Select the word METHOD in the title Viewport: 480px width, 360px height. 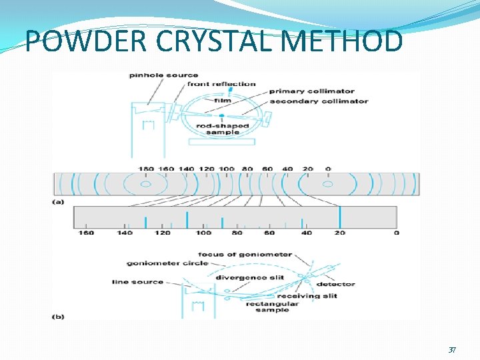[x=343, y=41]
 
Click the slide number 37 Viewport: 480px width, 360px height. [x=452, y=350]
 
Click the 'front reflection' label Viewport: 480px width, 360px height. [x=221, y=84]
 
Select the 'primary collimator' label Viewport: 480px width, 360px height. [x=312, y=91]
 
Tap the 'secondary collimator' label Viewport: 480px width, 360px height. [x=319, y=101]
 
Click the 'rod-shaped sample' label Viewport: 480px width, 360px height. [x=223, y=129]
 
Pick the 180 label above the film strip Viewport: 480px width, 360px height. [x=146, y=169]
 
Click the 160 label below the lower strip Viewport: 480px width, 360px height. [x=86, y=233]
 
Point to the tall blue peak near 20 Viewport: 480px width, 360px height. [x=340, y=217]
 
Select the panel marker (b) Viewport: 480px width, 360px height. [x=59, y=317]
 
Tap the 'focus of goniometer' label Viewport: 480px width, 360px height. [x=245, y=255]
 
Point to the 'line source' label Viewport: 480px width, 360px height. [x=138, y=282]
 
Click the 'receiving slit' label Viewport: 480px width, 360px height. [x=307, y=296]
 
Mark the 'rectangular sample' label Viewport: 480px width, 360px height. [x=271, y=307]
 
